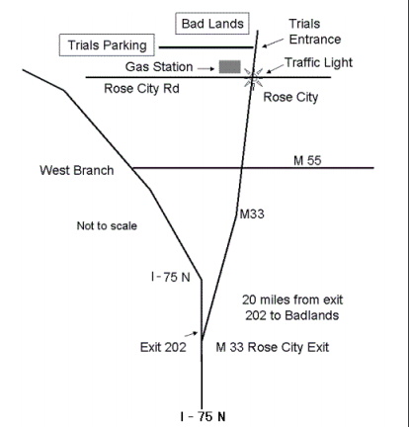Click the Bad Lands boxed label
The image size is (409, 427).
(212, 24)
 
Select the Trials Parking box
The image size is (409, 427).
(107, 44)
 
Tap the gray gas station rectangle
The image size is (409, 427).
(230, 66)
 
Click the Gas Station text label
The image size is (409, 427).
(159, 67)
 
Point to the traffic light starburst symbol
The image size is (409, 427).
(253, 79)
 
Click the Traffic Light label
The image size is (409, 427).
(318, 62)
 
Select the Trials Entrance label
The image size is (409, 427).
(314, 32)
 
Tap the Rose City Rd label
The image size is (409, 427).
(141, 88)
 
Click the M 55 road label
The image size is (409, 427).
(307, 160)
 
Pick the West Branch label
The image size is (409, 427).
(77, 170)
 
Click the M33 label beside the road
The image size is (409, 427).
(252, 214)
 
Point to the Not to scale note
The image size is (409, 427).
(107, 225)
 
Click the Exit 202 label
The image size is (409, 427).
(163, 347)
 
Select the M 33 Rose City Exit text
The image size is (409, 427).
(273, 347)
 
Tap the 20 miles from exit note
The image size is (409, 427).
(292, 307)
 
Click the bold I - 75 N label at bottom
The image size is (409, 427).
(203, 417)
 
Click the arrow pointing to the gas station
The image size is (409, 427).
(206, 68)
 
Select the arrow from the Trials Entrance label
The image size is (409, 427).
(273, 43)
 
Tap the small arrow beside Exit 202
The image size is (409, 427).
(191, 334)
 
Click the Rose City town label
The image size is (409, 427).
(290, 97)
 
